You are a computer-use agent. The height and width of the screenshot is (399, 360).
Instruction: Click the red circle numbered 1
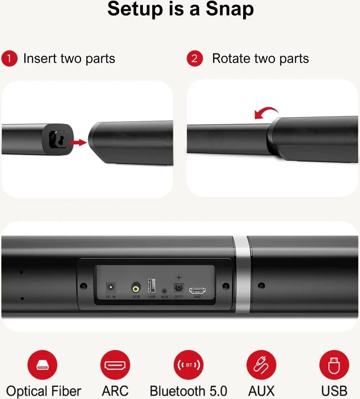click(x=9, y=59)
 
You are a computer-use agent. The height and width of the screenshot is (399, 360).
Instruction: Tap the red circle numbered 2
click(x=195, y=59)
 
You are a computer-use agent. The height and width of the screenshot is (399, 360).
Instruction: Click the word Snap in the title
click(x=230, y=9)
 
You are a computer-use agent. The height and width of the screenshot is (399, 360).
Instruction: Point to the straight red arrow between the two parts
click(x=78, y=142)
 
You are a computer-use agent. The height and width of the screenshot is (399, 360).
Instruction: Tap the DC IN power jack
click(x=111, y=287)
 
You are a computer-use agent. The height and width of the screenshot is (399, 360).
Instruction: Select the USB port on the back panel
click(x=152, y=286)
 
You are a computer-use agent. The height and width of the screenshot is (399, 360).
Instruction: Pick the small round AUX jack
click(x=164, y=291)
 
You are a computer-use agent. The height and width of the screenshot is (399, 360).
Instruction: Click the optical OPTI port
click(x=179, y=288)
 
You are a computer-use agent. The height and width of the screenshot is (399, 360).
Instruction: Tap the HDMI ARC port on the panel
click(x=197, y=290)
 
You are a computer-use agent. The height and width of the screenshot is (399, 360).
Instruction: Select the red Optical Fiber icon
click(x=42, y=365)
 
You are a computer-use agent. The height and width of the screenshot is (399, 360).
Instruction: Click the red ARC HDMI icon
click(x=115, y=365)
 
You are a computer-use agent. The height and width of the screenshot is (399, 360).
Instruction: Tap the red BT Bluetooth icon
click(x=188, y=365)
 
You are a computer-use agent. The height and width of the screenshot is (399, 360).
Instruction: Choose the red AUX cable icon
click(x=261, y=365)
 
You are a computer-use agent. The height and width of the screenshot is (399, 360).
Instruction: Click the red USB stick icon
click(x=334, y=365)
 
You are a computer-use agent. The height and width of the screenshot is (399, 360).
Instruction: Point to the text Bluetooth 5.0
click(x=188, y=391)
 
